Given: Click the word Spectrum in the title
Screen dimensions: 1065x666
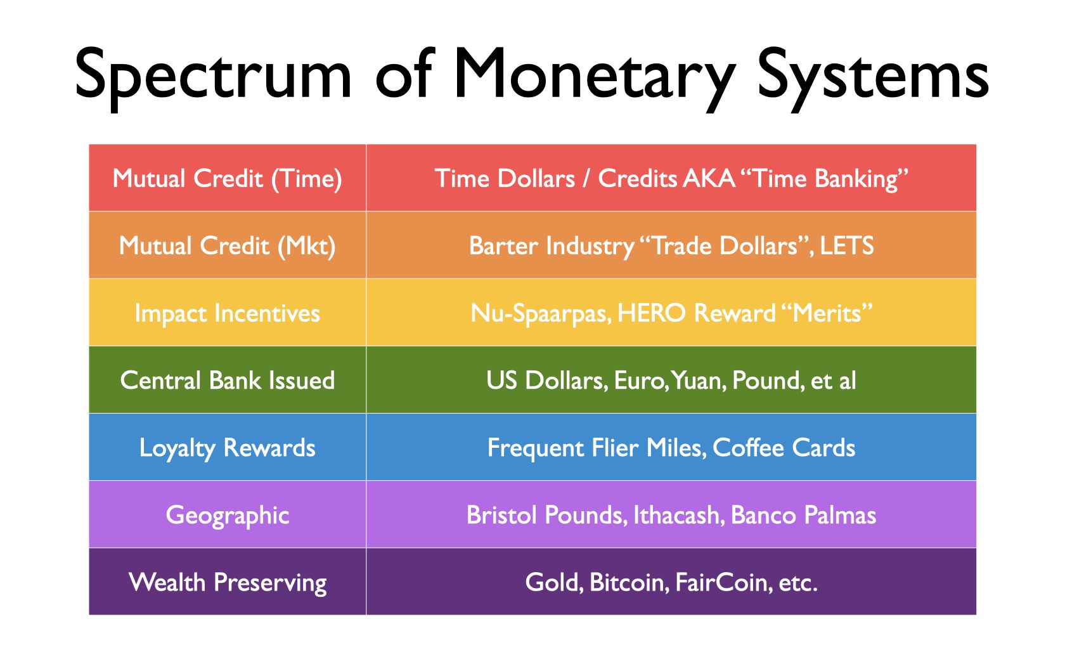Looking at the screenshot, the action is point(213,76).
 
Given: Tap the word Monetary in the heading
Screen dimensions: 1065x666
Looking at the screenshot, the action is point(595,76).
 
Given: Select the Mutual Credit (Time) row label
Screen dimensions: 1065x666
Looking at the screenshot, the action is point(227,179).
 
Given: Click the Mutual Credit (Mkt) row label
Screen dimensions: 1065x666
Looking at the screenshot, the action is point(227,246).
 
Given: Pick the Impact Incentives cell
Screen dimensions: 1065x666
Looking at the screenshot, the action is point(227,313).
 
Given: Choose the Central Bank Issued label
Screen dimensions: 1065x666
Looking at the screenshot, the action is point(227,381).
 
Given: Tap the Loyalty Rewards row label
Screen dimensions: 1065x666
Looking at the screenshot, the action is point(227,448).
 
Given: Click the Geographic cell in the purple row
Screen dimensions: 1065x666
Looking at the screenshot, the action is point(227,516).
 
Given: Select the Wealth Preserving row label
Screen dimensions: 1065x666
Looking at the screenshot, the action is point(227,583).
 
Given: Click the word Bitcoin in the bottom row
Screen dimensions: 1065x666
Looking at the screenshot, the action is point(626,583).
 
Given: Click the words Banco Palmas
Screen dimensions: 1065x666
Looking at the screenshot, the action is point(804,515).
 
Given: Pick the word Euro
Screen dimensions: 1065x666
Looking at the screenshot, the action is point(639,381).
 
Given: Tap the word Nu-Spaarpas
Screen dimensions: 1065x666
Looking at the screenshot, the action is point(541,313).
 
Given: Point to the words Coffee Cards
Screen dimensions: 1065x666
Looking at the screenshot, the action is point(784,448).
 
